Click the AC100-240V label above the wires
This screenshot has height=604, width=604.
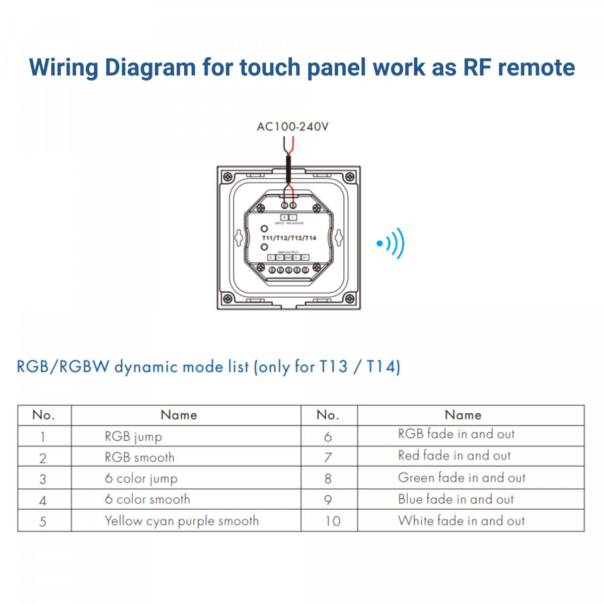292,126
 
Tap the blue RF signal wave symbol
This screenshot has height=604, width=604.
392,244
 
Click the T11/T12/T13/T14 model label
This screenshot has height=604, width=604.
289,238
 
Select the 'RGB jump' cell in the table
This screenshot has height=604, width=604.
133,436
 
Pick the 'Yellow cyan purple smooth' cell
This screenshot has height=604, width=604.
182,521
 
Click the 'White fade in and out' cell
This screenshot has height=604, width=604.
461,520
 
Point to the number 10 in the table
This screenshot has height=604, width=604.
333,521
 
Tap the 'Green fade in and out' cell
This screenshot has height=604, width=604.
462,478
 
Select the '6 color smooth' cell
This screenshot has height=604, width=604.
147,499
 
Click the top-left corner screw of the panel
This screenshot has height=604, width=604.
228,177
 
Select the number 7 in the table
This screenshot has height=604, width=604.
328,458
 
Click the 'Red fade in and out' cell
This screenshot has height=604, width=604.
454,456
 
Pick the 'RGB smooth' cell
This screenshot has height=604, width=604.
139,458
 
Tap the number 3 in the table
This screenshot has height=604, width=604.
43,479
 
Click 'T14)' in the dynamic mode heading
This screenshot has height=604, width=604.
383,366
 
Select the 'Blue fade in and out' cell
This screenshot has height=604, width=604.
456,499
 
